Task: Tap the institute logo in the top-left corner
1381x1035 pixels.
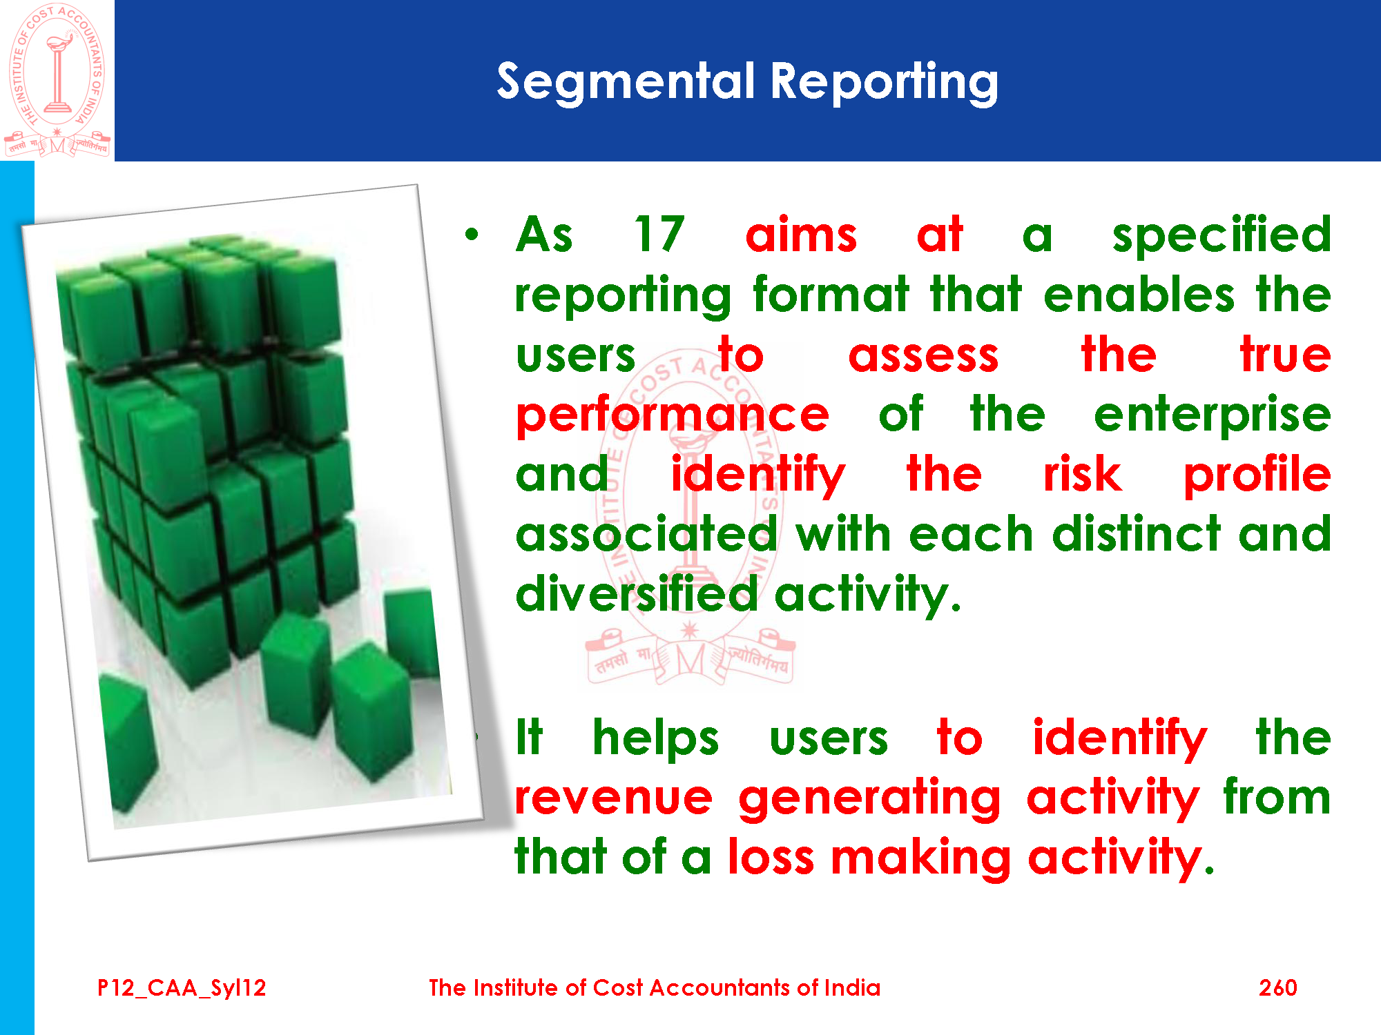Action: [57, 80]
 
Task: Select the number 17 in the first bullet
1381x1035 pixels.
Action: [659, 234]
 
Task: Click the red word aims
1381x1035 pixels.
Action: [801, 234]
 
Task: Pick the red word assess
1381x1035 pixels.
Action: [923, 356]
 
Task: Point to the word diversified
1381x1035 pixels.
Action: [637, 593]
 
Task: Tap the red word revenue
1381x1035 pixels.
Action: [614, 799]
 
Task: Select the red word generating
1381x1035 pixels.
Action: [869, 799]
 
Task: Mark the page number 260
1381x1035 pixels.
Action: [1277, 988]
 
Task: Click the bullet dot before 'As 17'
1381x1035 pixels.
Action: [472, 235]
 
